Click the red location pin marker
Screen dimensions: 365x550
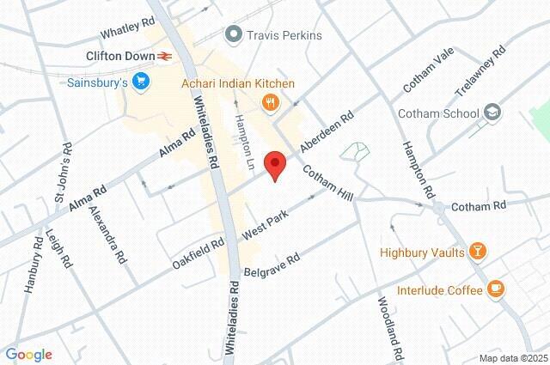click(274, 164)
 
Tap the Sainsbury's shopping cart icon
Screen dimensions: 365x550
click(142, 83)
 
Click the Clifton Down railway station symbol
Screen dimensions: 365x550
click(164, 56)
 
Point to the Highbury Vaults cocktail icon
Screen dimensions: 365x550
click(479, 252)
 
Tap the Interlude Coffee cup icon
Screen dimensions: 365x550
click(495, 290)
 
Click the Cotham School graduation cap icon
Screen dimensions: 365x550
click(492, 113)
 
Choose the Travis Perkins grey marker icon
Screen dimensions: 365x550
click(232, 35)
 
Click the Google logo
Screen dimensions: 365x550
click(28, 355)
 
